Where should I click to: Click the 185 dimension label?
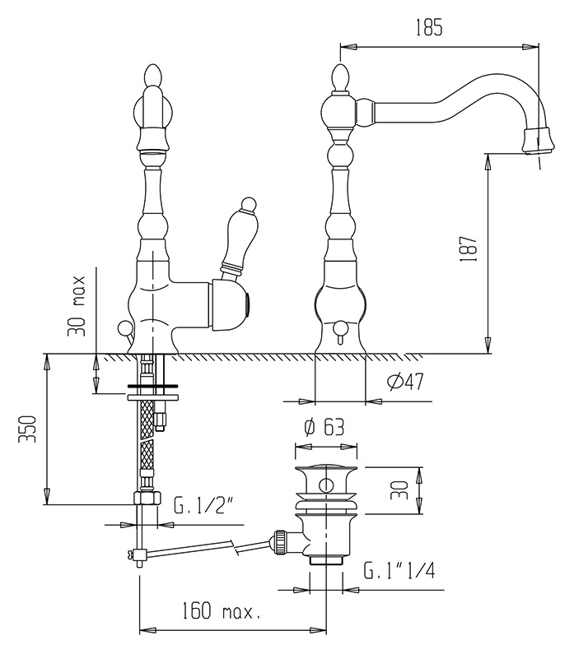(429, 28)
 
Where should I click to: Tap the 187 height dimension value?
(469, 249)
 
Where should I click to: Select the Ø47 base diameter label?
(405, 382)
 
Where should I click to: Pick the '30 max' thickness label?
(77, 305)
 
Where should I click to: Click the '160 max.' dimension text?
(221, 611)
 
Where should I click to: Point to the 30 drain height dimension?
(399, 490)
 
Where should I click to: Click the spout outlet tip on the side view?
(539, 141)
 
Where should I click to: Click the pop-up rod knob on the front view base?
(124, 327)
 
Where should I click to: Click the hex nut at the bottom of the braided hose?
(147, 498)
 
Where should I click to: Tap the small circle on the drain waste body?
(325, 485)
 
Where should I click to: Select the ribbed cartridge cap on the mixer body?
(248, 307)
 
